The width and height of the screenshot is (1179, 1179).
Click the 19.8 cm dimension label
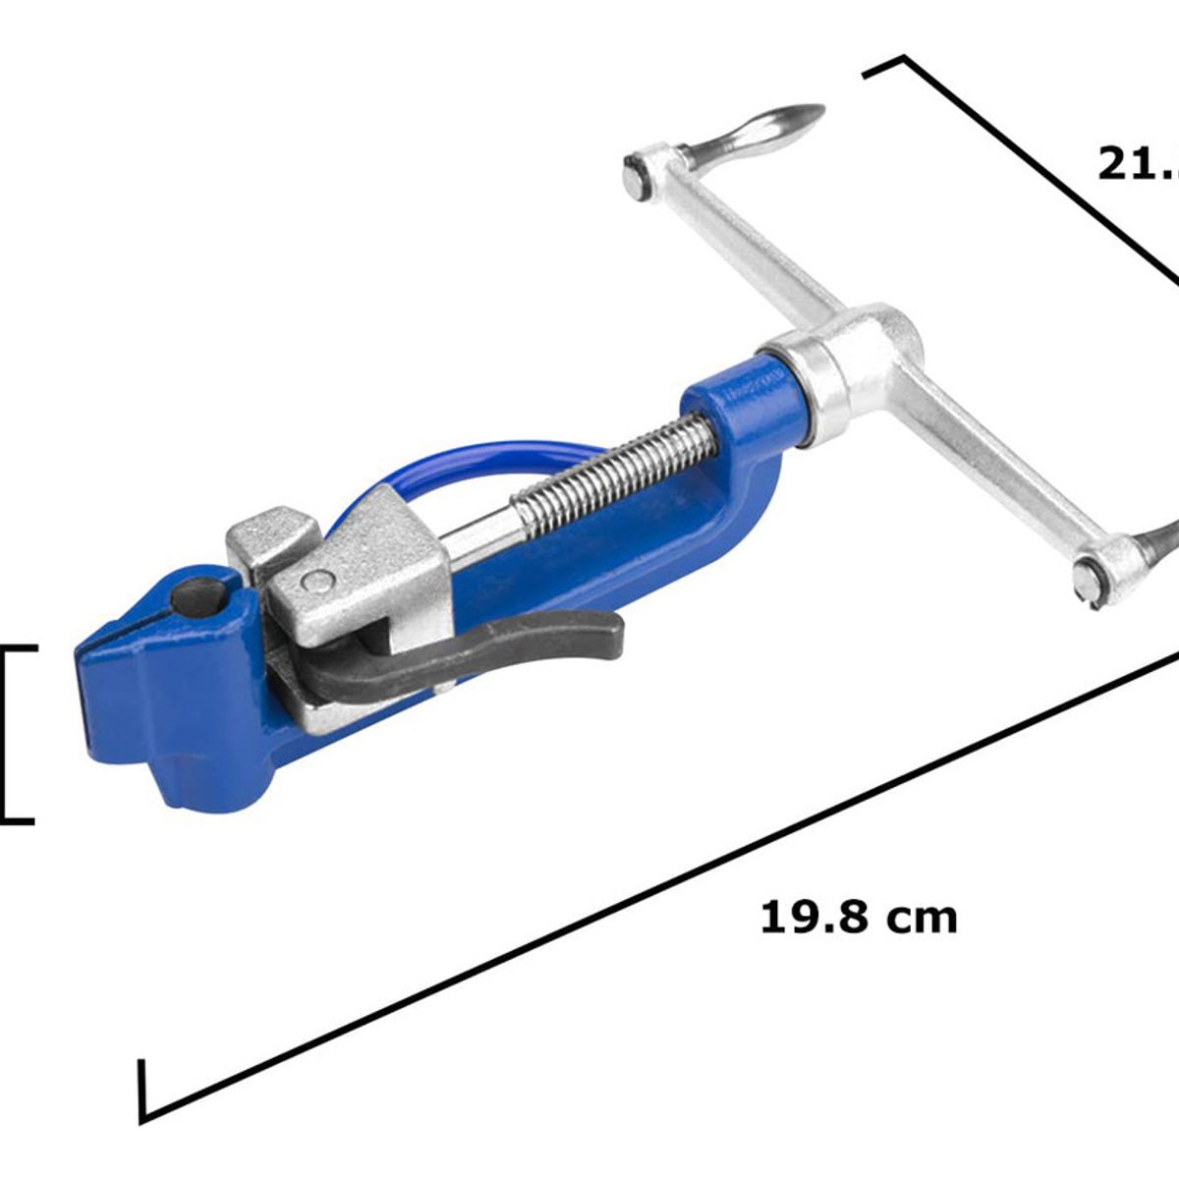click(x=858, y=918)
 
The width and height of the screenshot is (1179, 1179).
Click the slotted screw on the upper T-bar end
click(x=637, y=179)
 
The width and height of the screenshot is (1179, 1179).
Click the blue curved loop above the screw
click(x=472, y=462)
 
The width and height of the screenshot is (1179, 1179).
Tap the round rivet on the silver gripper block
click(x=316, y=582)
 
